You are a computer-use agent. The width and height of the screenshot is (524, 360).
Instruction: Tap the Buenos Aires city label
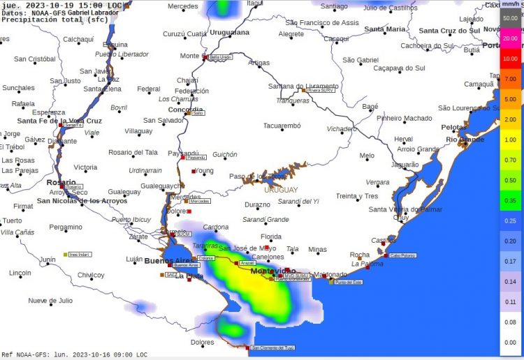(168, 260)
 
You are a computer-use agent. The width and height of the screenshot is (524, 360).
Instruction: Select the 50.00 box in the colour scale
(510, 18)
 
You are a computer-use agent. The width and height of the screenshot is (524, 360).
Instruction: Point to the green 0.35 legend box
(510, 200)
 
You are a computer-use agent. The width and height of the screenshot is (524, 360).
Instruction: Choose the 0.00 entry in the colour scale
(510, 342)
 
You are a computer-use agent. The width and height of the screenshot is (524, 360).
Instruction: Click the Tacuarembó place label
(282, 126)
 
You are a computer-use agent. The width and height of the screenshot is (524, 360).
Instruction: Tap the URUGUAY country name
(281, 190)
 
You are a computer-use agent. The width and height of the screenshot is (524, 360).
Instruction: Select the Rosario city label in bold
(60, 182)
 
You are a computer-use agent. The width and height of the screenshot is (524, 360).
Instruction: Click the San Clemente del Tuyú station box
(273, 347)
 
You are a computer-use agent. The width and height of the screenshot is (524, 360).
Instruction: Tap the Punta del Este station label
(349, 282)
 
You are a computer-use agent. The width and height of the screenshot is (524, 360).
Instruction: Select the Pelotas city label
(453, 128)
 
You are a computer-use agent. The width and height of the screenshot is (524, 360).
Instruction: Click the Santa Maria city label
(384, 29)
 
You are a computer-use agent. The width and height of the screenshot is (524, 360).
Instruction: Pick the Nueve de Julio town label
(50, 301)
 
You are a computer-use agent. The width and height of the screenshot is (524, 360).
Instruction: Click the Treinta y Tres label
(356, 196)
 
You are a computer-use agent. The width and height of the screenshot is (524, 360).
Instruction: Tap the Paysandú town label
(184, 153)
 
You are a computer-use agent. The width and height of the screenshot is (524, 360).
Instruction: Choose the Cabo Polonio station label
(402, 255)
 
